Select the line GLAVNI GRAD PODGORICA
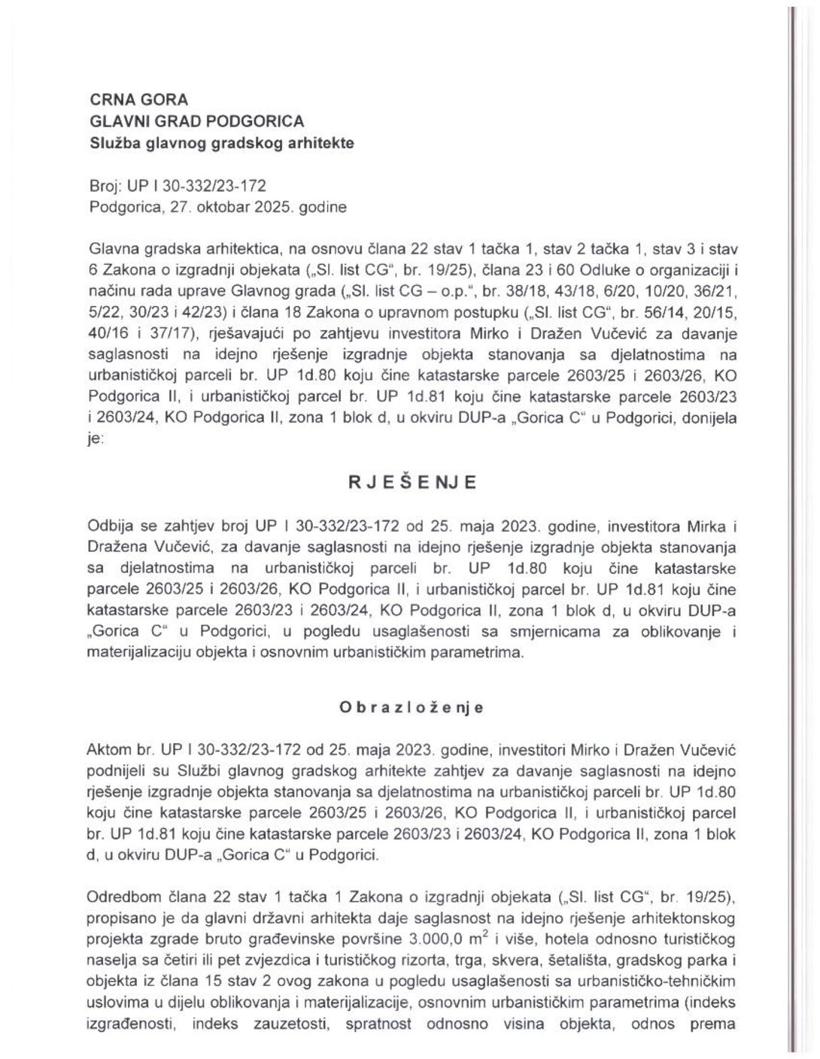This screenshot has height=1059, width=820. (x=197, y=120)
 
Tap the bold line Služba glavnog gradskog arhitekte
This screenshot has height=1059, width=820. (x=221, y=142)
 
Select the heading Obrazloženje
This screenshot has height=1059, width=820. (x=411, y=708)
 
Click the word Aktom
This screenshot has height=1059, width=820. (x=109, y=750)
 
